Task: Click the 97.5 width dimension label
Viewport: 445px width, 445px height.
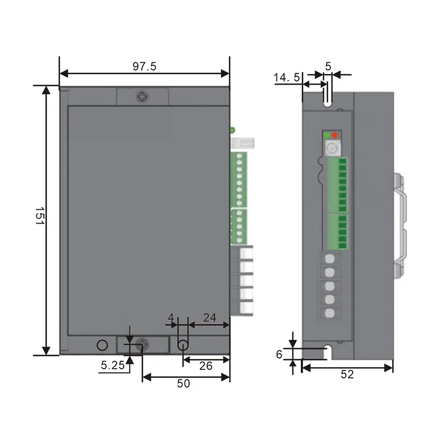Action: tap(145, 66)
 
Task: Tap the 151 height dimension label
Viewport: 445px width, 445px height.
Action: tap(39, 216)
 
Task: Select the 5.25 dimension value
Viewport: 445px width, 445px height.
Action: tap(113, 365)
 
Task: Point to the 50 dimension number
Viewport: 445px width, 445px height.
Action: tap(184, 383)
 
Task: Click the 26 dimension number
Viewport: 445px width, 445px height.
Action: tap(206, 366)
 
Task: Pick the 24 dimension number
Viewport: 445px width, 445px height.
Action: tap(210, 318)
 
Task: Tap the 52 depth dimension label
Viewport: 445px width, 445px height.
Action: tap(347, 374)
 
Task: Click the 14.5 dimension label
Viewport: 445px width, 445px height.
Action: tap(286, 77)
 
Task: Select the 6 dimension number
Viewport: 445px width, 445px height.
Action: tap(279, 354)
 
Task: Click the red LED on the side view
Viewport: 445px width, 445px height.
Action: tap(335, 135)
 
